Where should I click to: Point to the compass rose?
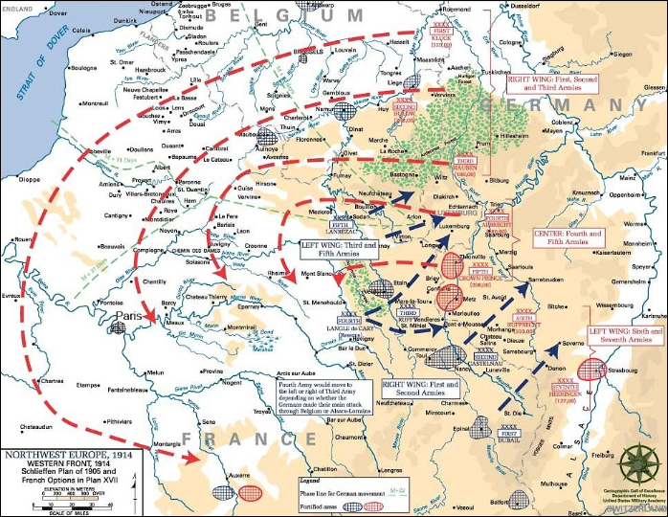click(x=637, y=463)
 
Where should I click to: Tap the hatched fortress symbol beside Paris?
click(x=118, y=326)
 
